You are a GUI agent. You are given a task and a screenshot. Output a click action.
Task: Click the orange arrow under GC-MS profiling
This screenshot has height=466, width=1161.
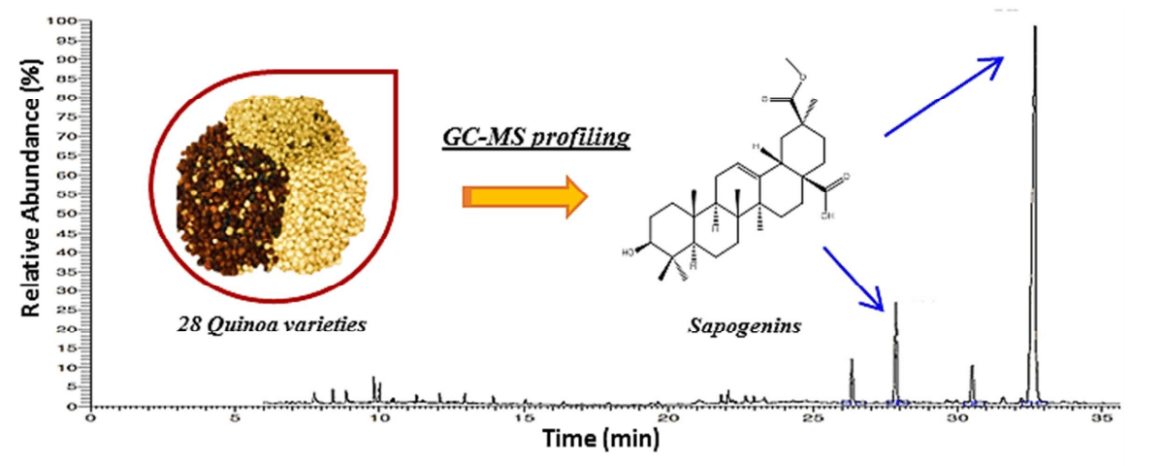[x=525, y=198]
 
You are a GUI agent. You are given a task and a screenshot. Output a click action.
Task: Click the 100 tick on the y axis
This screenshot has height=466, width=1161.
[x=64, y=20]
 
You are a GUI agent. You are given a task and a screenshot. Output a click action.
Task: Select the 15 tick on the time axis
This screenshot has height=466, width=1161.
[x=524, y=419]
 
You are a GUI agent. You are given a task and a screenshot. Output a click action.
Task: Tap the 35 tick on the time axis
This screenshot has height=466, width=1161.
[x=1102, y=419]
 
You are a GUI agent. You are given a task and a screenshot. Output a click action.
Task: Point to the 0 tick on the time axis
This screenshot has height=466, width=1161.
[x=90, y=419]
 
